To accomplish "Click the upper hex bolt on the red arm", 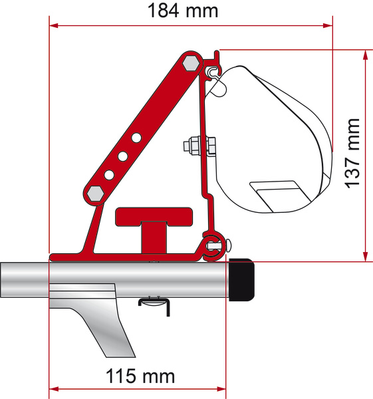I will pos(190,63).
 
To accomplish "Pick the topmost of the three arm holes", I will pos(136,138).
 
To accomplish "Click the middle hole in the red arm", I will pos(122,156).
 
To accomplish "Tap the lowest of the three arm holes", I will pos(108,175).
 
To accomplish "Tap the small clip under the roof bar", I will pos(154,303).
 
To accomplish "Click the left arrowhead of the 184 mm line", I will pos(54,26).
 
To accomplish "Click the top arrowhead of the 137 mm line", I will pos(364,53).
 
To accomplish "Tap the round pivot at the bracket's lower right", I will pos(212,244).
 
